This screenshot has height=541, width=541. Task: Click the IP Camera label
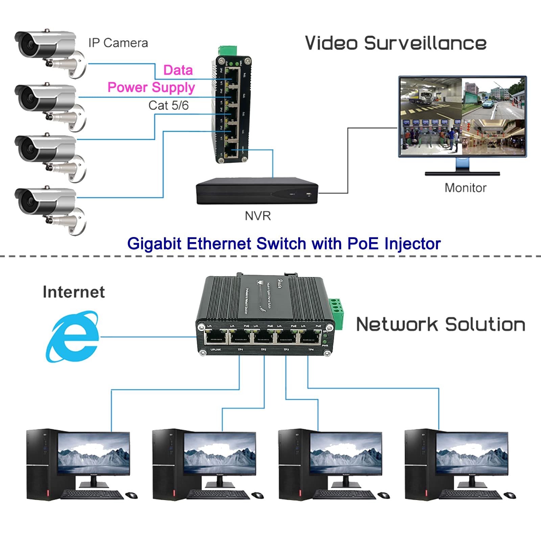pos(118,43)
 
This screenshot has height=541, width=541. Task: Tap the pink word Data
pos(178,70)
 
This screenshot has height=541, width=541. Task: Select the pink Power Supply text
pos(151,88)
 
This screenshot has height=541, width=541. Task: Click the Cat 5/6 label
pos(168,105)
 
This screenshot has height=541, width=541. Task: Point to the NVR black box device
pos(257,191)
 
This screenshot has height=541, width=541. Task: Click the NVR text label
pos(258,216)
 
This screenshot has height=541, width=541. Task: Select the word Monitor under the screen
pos(465,188)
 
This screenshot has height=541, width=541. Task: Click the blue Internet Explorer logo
pos(73,337)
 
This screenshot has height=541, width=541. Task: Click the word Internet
pos(74,292)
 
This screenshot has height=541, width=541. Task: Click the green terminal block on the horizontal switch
pos(336,313)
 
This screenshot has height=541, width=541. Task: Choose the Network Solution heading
pos(441,325)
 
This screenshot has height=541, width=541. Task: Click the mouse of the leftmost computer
pos(132,495)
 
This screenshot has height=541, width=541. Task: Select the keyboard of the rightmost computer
pos(470,495)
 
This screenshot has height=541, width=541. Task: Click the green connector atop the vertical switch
pos(227,51)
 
